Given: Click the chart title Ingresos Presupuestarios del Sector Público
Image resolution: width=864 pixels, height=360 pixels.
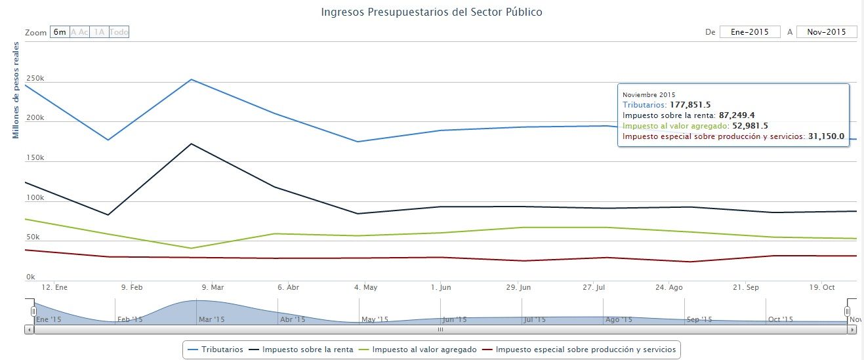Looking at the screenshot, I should tap(432, 12).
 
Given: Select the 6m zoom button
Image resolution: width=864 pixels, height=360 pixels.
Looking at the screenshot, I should tap(60, 32).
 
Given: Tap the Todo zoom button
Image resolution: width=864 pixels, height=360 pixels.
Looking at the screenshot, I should tap(119, 32).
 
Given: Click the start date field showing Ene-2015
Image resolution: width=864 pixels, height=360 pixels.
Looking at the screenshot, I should tap(750, 32).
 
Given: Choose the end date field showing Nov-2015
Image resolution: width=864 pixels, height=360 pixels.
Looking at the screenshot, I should tap(827, 32).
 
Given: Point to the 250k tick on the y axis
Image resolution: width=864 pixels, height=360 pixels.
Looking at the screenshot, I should tap(34, 79).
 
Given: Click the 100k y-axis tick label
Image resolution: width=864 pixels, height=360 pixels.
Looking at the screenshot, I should tap(34, 198).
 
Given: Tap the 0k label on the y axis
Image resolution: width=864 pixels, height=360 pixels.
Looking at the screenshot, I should tap(30, 277).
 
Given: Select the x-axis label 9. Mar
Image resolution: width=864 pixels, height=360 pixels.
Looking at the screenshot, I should tap(213, 287).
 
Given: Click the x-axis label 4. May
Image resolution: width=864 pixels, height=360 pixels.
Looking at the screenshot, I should tap(365, 287).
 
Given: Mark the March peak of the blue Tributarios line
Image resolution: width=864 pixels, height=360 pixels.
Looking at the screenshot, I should tap(191, 79).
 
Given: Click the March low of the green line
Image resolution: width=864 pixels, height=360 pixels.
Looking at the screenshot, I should tap(191, 248).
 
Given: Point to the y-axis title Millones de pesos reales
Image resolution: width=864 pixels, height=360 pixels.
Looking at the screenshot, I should tap(16, 90).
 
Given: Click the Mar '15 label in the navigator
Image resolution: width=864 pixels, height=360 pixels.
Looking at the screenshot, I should tap(211, 319).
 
